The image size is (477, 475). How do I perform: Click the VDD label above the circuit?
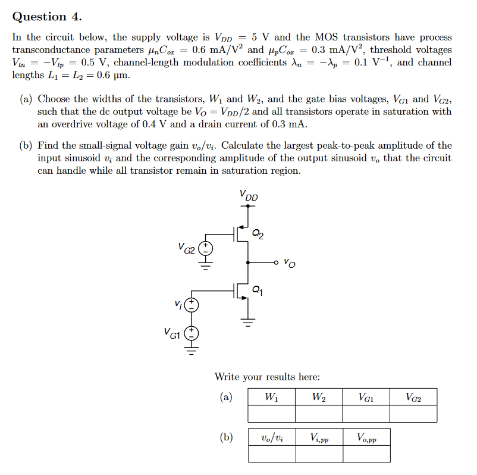point(249,195)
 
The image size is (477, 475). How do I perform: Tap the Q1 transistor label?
point(256,290)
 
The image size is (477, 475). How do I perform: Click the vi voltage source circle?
point(191,305)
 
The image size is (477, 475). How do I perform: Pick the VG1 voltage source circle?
point(191,333)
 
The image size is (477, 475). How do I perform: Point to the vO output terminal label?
point(288,262)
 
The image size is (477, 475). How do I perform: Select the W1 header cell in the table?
point(271,397)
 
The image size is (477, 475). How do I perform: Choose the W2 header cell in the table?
point(318,397)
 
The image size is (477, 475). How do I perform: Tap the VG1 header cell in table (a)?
point(366,397)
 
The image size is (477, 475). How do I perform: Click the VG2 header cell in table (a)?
point(413,397)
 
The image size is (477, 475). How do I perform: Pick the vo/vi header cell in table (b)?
point(271,437)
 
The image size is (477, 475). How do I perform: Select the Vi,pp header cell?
point(318,437)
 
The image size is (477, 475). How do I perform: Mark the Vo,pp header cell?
point(366,437)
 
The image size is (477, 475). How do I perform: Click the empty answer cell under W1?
point(271,414)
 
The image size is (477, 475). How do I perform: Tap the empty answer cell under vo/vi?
point(271,454)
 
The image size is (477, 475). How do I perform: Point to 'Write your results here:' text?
point(267,376)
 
